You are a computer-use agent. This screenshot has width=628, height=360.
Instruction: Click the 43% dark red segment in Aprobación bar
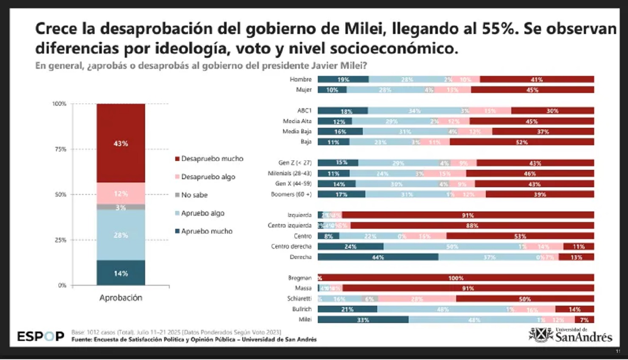[x=121, y=143]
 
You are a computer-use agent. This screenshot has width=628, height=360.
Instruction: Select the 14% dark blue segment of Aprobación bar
[x=121, y=273]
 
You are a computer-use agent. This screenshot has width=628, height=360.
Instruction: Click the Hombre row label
[x=300, y=79]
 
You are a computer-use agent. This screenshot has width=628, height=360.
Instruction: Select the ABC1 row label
[x=304, y=110]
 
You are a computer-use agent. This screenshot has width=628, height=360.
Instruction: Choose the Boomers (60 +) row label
[x=291, y=194]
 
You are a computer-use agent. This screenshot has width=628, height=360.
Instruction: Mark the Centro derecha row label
[x=291, y=246]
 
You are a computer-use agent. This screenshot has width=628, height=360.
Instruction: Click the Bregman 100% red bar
[x=456, y=278]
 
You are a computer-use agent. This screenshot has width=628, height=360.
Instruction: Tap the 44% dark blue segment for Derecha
[x=378, y=257]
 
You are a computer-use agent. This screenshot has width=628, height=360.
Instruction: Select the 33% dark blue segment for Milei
[x=363, y=320]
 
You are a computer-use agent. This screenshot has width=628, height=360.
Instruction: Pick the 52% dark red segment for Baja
[x=521, y=142]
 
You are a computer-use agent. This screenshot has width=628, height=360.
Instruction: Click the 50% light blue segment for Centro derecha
[x=452, y=246]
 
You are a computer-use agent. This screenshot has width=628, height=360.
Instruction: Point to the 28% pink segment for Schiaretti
[x=417, y=299]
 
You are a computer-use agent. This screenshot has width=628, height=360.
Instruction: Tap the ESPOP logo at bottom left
[x=41, y=336]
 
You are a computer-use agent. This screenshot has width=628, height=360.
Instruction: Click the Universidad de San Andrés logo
[x=571, y=335]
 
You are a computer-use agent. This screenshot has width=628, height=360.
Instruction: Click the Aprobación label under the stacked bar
[x=121, y=298]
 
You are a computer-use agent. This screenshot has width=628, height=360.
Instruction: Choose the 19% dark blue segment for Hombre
[x=343, y=79]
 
